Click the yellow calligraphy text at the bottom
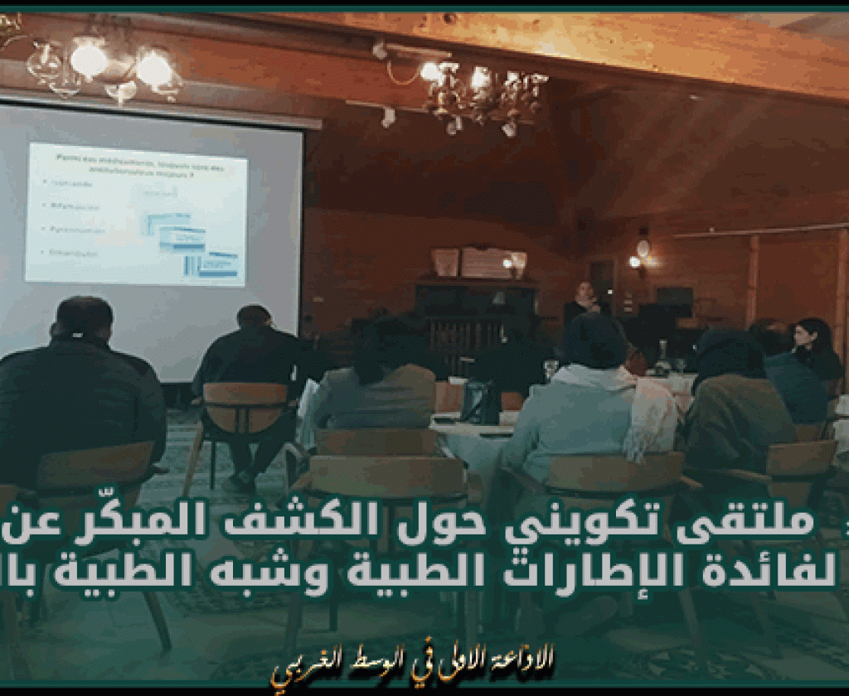point(411,663)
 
